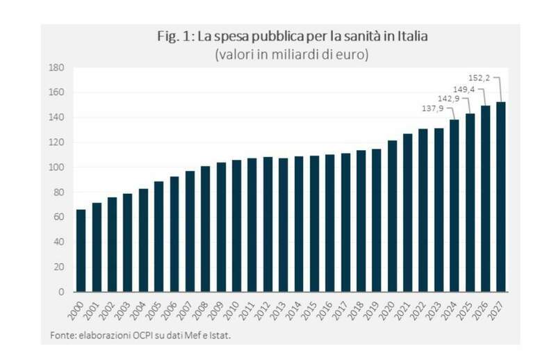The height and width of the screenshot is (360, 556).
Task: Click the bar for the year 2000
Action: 81,250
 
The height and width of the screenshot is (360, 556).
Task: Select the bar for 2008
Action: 205,229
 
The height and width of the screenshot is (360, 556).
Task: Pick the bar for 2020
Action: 392,215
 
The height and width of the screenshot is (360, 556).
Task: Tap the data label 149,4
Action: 464,88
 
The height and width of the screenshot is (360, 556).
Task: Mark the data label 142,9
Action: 449,98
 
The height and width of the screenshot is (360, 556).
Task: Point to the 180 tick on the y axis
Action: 57,67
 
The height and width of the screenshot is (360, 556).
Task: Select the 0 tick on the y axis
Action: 61,291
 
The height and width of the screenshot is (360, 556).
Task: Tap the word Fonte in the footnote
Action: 62,336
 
